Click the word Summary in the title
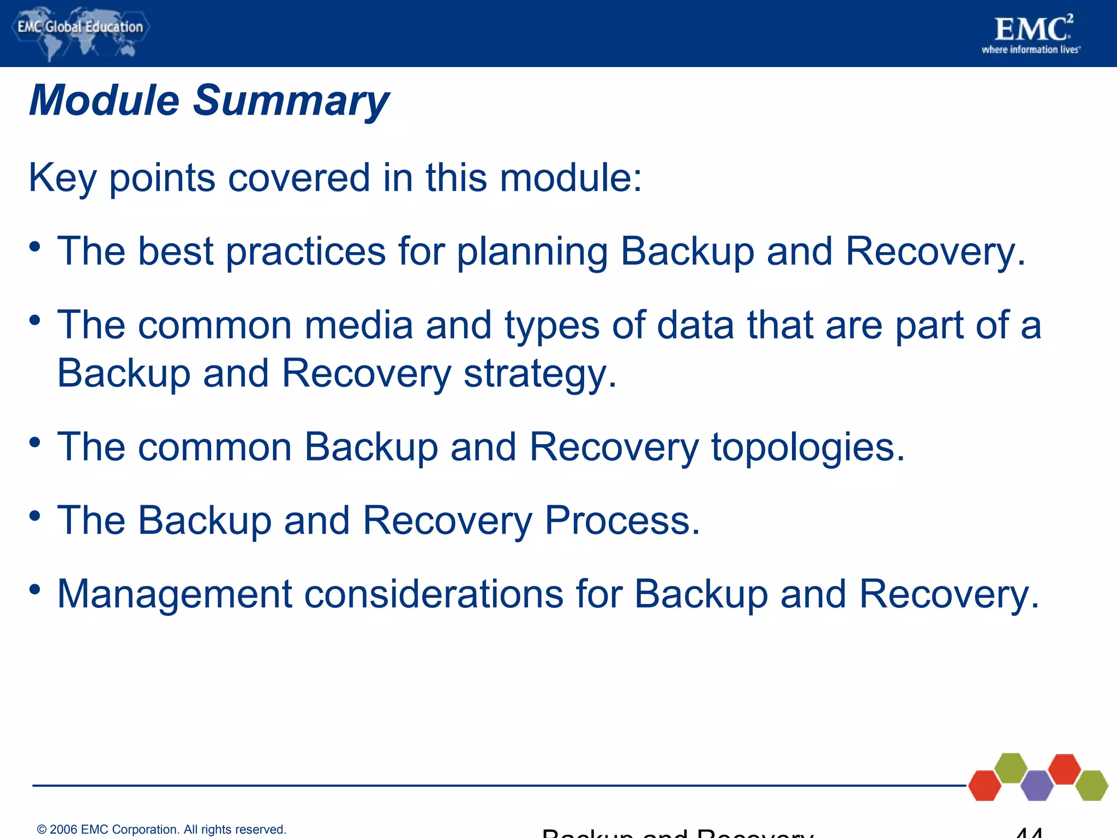[x=291, y=101]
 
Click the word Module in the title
[x=104, y=101]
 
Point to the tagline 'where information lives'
[x=1030, y=50]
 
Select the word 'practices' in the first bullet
[x=305, y=252]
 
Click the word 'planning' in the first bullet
[x=532, y=252]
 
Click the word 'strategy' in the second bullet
[x=539, y=374]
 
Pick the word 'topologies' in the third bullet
[x=808, y=447]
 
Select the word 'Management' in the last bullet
[x=175, y=594]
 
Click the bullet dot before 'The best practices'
[x=35, y=247]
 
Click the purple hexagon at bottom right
[x=1036, y=786]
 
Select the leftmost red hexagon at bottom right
[x=984, y=786]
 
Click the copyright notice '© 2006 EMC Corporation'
[x=161, y=829]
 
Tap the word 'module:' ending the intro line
[x=570, y=178]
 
